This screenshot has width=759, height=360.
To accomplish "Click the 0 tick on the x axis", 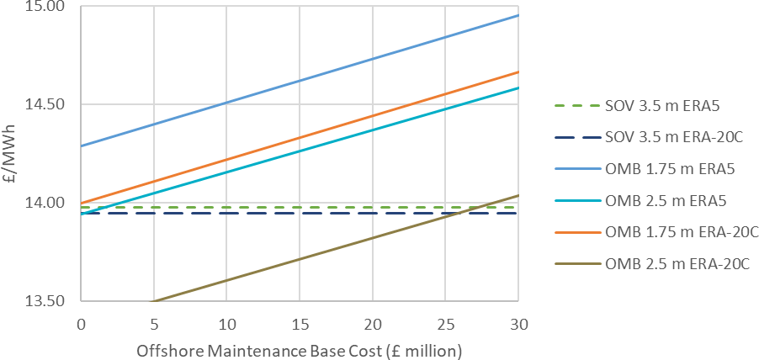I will (81, 324).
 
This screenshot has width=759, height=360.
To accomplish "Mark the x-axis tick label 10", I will (226, 324).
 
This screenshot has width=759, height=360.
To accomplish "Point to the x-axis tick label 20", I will (372, 324).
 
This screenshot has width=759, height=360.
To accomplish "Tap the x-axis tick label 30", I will (517, 324).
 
